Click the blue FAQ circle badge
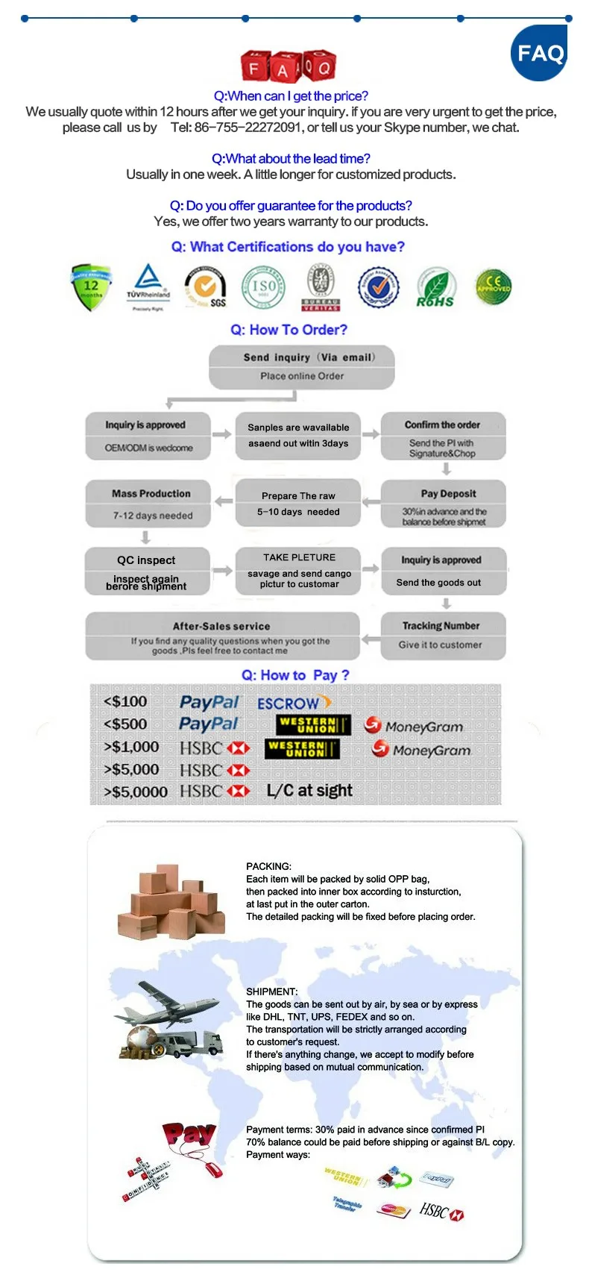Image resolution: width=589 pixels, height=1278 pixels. tap(539, 53)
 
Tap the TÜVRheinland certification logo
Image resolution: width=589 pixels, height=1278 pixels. tap(148, 286)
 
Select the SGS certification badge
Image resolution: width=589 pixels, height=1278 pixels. tap(206, 288)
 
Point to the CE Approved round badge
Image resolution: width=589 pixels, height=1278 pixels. tap(493, 286)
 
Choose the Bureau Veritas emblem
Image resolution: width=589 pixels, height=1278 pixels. tap(321, 287)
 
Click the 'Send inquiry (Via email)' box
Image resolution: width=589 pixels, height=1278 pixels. tap(301, 366)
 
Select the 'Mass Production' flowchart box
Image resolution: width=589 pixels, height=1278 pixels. tap(149, 504)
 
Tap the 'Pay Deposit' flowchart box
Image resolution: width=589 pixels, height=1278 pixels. tap(444, 504)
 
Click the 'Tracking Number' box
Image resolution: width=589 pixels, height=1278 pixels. tap(442, 635)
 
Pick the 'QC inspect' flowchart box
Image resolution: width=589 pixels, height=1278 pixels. tap(147, 571)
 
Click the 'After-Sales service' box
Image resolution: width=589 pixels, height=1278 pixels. tap(222, 636)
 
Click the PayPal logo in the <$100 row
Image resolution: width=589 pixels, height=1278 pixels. tap(209, 702)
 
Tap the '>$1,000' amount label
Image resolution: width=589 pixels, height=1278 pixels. tap(131, 747)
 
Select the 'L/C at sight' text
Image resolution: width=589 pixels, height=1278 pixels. tap(309, 790)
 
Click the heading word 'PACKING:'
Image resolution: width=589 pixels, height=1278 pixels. tap(268, 866)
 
